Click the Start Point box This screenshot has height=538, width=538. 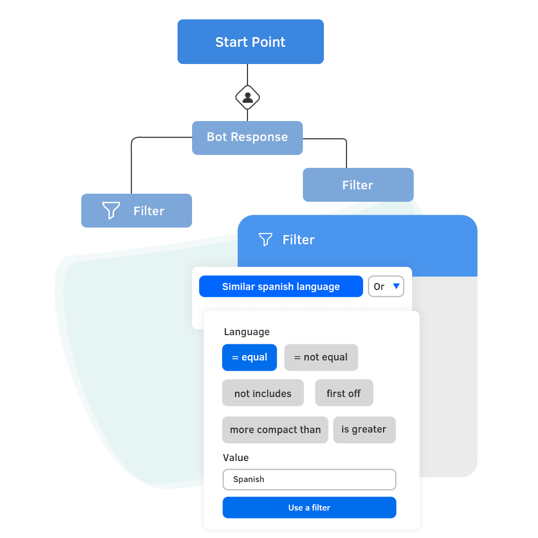(x=250, y=42)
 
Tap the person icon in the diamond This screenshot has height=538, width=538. (x=247, y=97)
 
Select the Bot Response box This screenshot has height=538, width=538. (x=247, y=137)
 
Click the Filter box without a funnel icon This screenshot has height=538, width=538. (x=358, y=185)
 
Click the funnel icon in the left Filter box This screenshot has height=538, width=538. (x=111, y=210)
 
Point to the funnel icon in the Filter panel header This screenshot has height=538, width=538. (x=265, y=239)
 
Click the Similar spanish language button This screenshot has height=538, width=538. (x=281, y=287)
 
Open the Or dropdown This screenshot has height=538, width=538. (x=385, y=287)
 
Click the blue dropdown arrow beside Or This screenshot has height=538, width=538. (x=396, y=286)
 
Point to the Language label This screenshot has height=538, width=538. (x=246, y=332)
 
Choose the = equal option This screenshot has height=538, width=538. (x=249, y=357)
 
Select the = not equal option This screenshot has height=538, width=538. (x=321, y=357)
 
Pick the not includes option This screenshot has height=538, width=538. (x=263, y=393)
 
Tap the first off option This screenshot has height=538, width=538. (x=343, y=393)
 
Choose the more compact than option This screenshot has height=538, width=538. (x=275, y=430)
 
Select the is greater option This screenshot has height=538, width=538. (x=364, y=429)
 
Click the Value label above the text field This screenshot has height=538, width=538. (x=236, y=458)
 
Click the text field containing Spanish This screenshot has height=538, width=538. (x=309, y=479)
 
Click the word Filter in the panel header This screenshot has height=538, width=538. (x=299, y=239)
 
